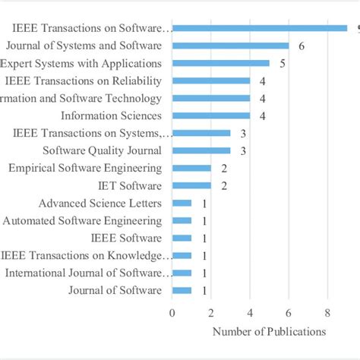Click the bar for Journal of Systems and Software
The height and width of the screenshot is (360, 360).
click(x=230, y=46)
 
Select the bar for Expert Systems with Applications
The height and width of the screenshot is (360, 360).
click(x=220, y=63)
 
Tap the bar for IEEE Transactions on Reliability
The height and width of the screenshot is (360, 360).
click(x=211, y=81)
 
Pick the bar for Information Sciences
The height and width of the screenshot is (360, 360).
click(x=211, y=115)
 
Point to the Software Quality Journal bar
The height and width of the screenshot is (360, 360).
click(x=201, y=150)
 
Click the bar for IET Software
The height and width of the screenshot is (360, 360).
click(x=191, y=185)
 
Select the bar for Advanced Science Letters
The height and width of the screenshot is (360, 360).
click(x=182, y=203)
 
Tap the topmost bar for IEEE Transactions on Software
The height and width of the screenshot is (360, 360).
click(x=259, y=28)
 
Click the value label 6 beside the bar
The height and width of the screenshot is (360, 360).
click(x=302, y=46)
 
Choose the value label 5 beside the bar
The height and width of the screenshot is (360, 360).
click(x=283, y=64)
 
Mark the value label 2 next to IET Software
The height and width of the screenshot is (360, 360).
click(x=224, y=186)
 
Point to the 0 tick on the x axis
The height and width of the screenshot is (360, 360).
click(x=172, y=311)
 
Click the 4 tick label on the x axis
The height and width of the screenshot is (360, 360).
click(x=250, y=311)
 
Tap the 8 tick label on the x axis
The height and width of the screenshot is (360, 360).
click(x=327, y=311)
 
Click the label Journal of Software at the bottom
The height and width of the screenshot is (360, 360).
click(x=115, y=290)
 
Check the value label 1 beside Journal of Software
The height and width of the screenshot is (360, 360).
click(x=204, y=291)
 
